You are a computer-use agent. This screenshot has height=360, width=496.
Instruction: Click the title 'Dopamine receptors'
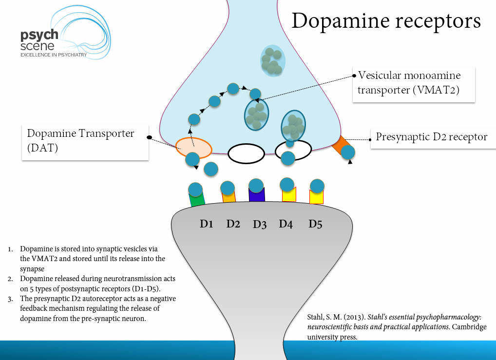coord(386,21)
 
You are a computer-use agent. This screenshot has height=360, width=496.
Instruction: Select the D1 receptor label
coord(207,224)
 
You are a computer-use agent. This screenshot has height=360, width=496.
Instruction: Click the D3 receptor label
coord(260,225)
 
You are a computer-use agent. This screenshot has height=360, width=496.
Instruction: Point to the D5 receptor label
coord(315,224)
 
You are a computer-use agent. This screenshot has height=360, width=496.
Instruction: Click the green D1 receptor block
coord(197,200)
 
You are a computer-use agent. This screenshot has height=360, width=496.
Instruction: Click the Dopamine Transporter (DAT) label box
coord(85,141)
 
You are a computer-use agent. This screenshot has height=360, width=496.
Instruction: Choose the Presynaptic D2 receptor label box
coord(431,137)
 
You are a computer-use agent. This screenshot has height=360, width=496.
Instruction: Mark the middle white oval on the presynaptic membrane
coord(246,154)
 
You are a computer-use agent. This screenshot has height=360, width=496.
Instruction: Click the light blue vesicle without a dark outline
coord(272,61)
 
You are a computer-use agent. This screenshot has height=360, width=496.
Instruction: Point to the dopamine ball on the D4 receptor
coord(287,184)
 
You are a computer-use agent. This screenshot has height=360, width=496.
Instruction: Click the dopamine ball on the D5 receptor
coord(317,186)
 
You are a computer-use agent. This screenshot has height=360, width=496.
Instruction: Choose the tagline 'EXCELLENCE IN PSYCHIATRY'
coord(53,55)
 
